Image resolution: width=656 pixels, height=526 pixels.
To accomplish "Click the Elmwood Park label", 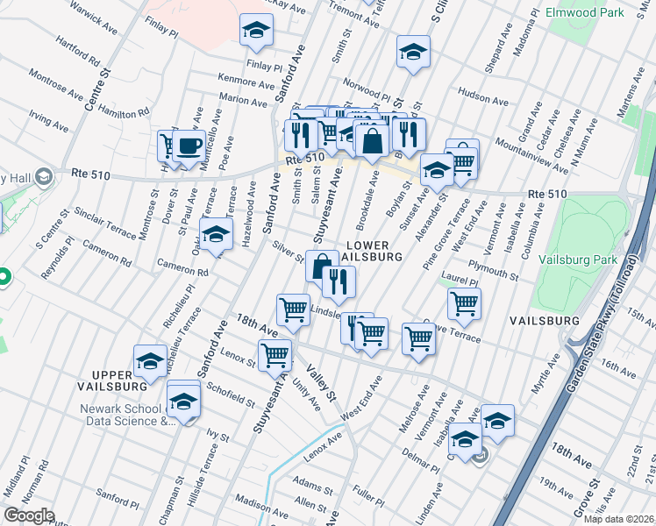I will (x=584, y=12).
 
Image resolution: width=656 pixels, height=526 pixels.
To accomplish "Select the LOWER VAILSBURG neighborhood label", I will (x=374, y=251).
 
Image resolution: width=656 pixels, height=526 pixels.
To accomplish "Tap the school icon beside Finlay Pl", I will (x=256, y=32).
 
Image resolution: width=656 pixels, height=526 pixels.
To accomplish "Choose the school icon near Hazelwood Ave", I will (x=216, y=234).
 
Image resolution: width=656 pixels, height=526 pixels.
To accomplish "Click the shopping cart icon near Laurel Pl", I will (x=464, y=303).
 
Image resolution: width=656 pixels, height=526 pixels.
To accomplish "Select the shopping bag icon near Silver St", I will (x=322, y=265).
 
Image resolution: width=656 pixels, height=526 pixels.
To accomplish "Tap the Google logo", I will (x=29, y=515).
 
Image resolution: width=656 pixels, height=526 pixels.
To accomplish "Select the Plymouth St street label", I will (x=494, y=269).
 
